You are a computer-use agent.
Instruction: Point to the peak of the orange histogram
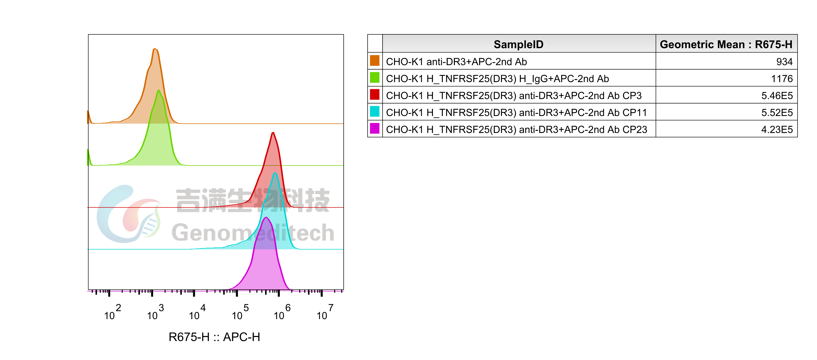click(155, 49)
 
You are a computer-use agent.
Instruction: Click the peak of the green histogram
click(159, 90)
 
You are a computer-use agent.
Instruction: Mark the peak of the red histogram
click(273, 133)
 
